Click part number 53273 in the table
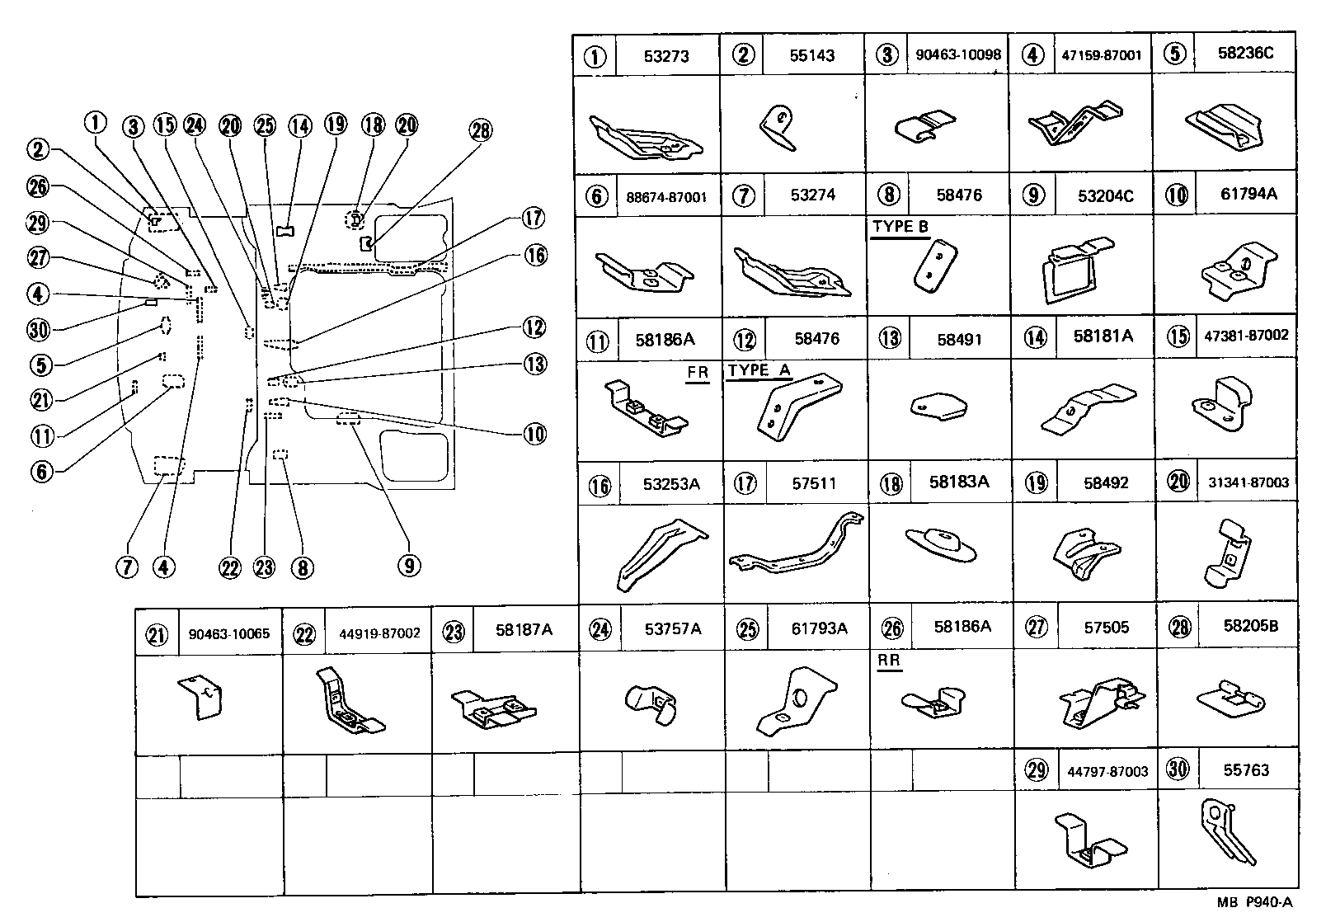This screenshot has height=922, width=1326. (x=665, y=56)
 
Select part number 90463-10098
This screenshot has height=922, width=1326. (x=957, y=54)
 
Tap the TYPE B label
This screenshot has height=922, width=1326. (x=900, y=227)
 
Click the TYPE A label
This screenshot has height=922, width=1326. (x=759, y=370)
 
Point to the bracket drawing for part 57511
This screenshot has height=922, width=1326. (x=797, y=548)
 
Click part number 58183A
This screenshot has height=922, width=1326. (x=958, y=482)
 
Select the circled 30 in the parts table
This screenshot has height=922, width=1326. (x=1178, y=769)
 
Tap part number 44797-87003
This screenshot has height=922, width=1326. (x=1107, y=771)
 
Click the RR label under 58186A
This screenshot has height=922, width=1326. (x=889, y=661)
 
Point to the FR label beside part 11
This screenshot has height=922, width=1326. (x=698, y=373)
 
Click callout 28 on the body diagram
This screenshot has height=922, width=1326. (x=480, y=131)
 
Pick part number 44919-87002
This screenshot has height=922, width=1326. (x=379, y=633)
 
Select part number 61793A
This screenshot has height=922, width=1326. (x=819, y=628)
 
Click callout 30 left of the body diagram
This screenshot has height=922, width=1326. (x=38, y=330)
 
